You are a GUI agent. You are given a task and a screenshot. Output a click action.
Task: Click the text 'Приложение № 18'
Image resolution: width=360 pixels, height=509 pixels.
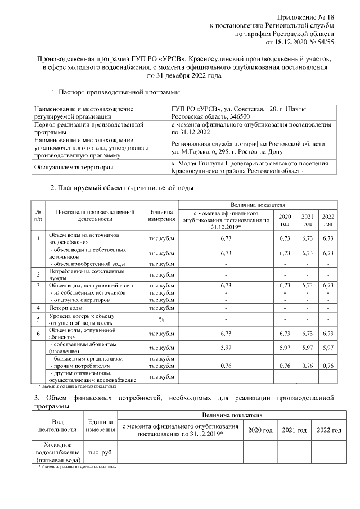(307, 19)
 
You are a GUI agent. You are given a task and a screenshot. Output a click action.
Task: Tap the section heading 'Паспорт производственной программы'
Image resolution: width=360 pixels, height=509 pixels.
(120, 92)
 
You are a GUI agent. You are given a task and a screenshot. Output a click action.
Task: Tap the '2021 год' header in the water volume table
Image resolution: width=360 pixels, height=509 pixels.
(307, 219)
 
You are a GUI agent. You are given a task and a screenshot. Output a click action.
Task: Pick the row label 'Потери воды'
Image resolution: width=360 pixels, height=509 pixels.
(66, 308)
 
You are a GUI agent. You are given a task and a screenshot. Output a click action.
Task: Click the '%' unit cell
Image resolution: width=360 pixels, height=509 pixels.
(161, 319)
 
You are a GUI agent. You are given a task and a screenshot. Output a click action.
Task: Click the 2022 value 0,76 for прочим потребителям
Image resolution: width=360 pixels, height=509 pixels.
(328, 365)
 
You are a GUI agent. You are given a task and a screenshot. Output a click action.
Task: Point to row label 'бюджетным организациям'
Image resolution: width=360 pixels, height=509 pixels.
(86, 357)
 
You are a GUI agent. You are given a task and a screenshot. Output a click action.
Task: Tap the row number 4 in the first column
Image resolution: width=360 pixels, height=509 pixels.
(38, 308)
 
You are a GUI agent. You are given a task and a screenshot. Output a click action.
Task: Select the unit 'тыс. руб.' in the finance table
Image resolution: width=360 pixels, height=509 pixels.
(101, 452)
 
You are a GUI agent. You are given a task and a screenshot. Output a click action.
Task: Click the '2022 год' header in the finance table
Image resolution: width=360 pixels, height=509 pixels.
(328, 430)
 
